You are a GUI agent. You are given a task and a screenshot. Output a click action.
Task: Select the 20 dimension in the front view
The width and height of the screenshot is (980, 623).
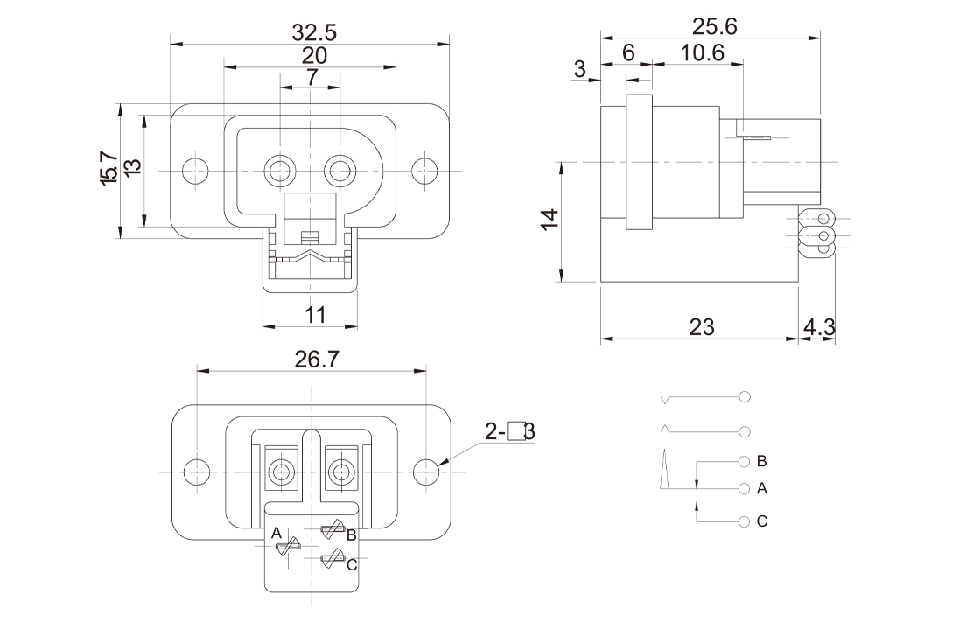click(314, 55)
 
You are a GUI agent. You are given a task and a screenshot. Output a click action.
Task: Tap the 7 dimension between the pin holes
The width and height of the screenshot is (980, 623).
click(312, 77)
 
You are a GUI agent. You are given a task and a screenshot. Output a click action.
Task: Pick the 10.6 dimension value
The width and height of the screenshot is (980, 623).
click(702, 52)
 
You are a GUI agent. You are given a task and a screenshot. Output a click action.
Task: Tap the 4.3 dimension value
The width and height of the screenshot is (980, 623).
click(818, 327)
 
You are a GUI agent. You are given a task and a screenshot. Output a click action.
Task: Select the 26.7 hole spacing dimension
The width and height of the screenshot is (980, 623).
click(314, 359)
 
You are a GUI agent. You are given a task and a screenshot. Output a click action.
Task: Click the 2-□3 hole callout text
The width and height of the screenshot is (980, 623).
click(511, 430)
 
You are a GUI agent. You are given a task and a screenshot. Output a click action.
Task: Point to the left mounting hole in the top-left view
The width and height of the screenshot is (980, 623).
click(196, 169)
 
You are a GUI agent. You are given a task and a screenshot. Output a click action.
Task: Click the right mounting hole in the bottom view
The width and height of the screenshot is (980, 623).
click(426, 471)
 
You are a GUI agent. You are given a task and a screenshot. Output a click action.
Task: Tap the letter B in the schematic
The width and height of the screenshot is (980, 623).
click(761, 460)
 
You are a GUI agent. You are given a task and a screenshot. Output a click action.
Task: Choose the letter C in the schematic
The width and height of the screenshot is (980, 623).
click(761, 521)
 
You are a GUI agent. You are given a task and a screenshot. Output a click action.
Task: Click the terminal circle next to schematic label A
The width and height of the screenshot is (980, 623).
click(744, 487)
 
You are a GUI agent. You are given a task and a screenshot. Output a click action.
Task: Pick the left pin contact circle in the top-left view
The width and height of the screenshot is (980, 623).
click(281, 170)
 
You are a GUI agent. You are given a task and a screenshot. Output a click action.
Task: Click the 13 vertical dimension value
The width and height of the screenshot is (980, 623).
click(132, 167)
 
